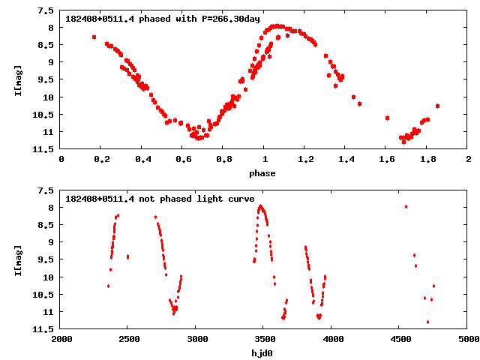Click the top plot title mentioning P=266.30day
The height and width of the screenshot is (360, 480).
click(x=163, y=18)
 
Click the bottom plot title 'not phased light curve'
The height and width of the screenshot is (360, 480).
click(x=165, y=198)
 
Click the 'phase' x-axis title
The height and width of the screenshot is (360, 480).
click(x=263, y=173)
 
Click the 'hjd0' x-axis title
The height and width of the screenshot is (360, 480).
click(x=263, y=352)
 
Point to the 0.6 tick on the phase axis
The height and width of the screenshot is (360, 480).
click(x=182, y=159)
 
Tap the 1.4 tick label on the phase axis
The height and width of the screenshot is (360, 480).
click(x=345, y=159)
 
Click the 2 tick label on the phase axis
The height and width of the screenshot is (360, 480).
click(x=467, y=159)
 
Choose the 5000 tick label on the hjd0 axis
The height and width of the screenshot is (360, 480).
click(x=467, y=338)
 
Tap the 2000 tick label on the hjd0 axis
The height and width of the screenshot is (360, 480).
click(x=61, y=338)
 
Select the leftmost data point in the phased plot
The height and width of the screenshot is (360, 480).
click(x=94, y=37)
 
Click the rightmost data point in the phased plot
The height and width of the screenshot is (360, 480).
click(x=437, y=106)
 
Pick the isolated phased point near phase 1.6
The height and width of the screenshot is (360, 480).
click(x=387, y=118)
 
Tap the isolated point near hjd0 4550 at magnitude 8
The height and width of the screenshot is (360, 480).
click(x=406, y=206)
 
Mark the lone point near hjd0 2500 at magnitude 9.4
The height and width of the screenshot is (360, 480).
click(x=127, y=256)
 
